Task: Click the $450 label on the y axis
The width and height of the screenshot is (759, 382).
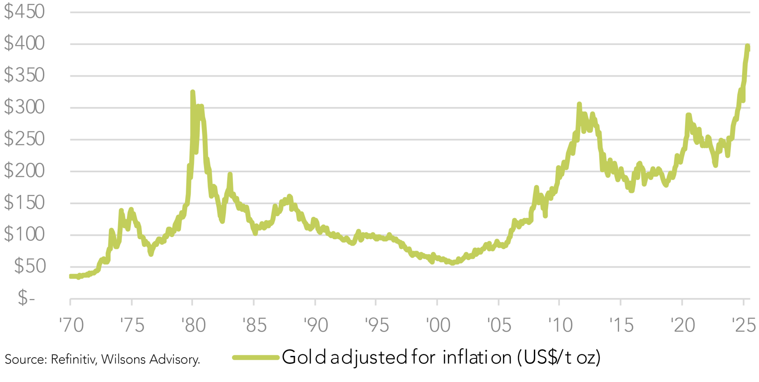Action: pos(24,11)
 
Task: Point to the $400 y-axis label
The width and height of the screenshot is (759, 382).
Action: pos(24,43)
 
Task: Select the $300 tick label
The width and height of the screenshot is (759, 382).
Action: pos(24,107)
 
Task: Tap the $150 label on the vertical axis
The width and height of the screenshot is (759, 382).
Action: pos(24,203)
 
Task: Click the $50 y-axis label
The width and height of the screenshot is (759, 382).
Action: pos(30,266)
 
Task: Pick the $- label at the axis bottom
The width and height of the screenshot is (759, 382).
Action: pos(26,298)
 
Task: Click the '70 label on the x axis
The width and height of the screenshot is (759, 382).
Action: pos(71,325)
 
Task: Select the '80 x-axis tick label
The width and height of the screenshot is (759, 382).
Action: pos(194,325)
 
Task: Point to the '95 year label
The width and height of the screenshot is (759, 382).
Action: pos(377,325)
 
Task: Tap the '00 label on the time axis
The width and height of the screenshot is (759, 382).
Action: pos(438,325)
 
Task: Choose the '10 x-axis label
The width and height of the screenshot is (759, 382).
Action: pos(560,325)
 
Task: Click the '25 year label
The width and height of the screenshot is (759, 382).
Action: pos(744,325)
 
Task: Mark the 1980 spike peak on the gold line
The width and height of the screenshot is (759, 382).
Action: pos(193,92)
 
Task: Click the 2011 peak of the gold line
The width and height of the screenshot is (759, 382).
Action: pos(579,104)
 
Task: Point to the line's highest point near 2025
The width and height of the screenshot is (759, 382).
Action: pos(748,46)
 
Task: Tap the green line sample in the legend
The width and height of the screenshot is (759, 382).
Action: pos(256,358)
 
